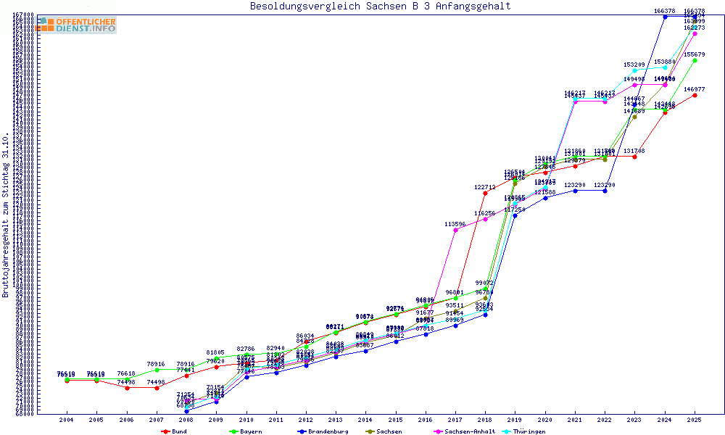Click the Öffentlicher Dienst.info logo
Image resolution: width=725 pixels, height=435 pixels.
click(76, 25)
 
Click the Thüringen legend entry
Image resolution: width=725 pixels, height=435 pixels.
click(547, 431)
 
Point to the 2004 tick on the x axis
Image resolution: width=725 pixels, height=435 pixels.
click(67, 420)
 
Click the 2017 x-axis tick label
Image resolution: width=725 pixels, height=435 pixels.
click(455, 420)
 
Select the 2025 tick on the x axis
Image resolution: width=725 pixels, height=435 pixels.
click(695, 420)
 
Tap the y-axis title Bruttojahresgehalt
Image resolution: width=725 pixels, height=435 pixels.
click(7, 215)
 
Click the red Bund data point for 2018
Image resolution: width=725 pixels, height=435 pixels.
click(485, 193)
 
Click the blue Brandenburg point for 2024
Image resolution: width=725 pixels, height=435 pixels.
click(665, 16)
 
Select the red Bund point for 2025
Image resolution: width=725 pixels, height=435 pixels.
click(695, 95)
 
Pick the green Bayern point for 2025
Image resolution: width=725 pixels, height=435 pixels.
click(695, 60)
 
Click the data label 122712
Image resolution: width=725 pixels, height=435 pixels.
click(485, 187)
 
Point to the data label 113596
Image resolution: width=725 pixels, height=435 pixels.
click(455, 225)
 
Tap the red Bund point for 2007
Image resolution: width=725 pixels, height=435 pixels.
click(157, 388)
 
